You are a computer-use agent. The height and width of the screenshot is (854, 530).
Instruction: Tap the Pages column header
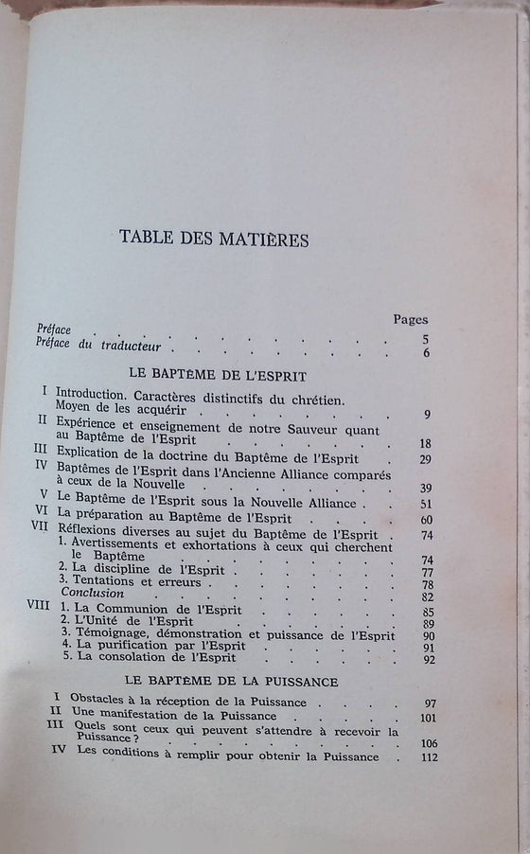point(409,320)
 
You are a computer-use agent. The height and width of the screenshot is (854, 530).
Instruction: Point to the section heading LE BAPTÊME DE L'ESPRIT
point(218,375)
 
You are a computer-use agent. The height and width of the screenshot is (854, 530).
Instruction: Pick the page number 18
point(425,443)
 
